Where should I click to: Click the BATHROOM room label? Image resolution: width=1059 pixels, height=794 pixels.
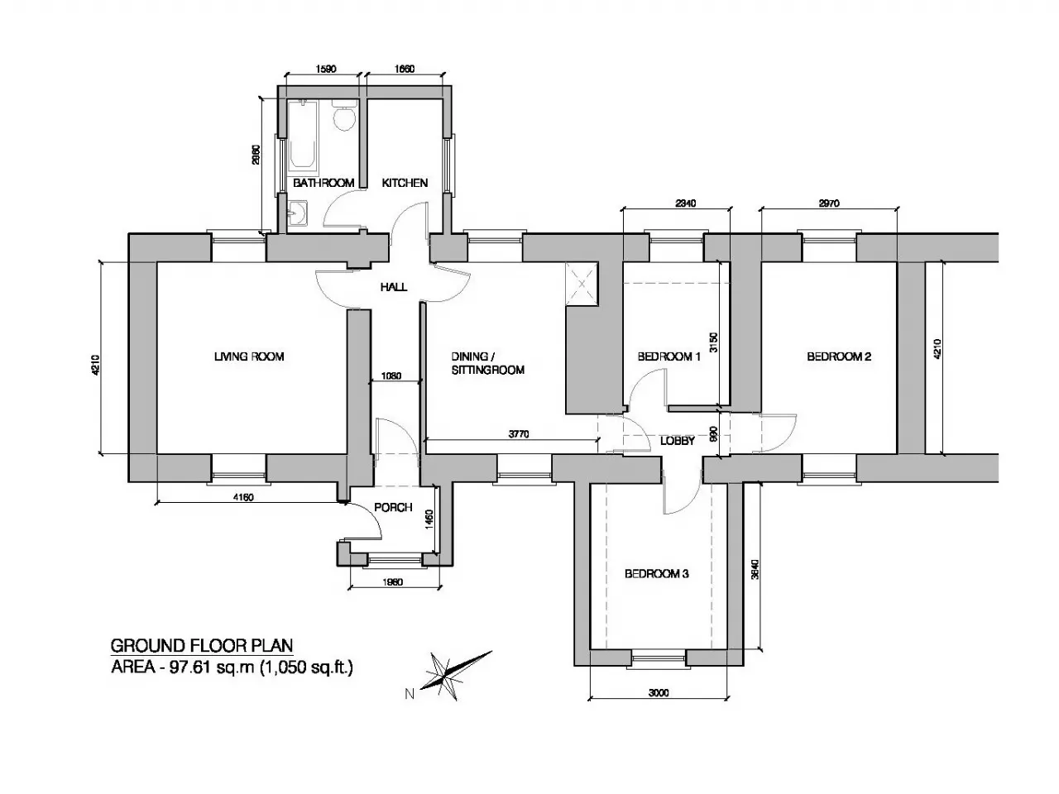click(323, 183)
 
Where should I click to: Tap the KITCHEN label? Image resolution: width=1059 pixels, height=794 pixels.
click(405, 183)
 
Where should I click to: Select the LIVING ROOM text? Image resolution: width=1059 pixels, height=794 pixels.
click(249, 356)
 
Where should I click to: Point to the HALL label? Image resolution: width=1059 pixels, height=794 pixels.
click(394, 287)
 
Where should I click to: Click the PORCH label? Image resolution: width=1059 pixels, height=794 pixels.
click(393, 507)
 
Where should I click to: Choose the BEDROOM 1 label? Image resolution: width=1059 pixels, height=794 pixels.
click(668, 356)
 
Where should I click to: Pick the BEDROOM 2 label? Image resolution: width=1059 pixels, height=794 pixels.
click(839, 356)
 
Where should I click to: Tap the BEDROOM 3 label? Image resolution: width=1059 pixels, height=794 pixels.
click(657, 574)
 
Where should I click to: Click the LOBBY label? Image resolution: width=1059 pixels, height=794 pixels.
click(678, 441)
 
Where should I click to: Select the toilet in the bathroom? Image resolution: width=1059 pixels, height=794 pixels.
click(343, 115)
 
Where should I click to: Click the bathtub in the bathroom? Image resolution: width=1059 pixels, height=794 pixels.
click(304, 136)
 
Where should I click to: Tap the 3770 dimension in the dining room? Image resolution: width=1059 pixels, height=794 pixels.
click(519, 434)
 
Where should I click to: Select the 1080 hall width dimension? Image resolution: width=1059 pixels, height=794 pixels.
click(391, 375)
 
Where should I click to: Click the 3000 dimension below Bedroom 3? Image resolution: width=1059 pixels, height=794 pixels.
click(659, 693)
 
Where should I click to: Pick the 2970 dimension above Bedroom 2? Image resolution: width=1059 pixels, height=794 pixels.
click(829, 203)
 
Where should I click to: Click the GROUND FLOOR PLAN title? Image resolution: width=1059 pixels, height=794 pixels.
click(202, 645)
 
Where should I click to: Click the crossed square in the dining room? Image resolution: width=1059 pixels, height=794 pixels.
click(582, 284)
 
